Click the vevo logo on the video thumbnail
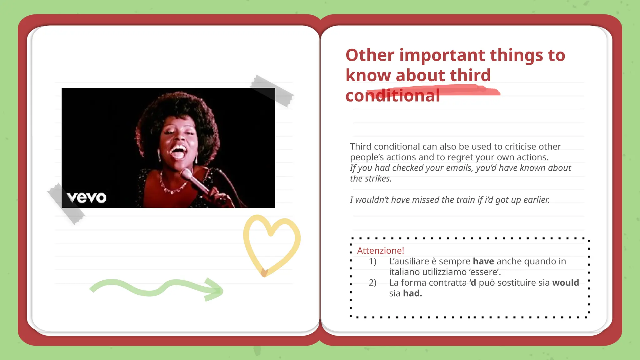87,197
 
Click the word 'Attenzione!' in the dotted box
380,251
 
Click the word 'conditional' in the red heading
392,96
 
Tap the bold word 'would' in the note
565,282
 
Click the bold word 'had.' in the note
412,293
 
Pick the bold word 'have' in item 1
483,261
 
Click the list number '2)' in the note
372,282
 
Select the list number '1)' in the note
372,261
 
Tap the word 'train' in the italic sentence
464,200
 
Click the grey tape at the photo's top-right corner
272,91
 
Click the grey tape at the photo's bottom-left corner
66,203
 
